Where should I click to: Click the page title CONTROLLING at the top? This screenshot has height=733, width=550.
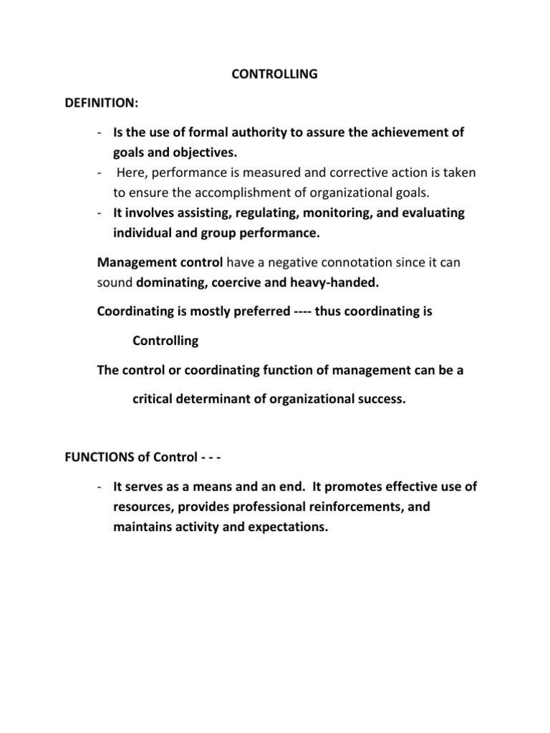click(275, 74)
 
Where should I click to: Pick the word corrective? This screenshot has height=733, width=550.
click(362, 173)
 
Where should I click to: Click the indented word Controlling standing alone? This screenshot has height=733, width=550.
click(165, 341)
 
